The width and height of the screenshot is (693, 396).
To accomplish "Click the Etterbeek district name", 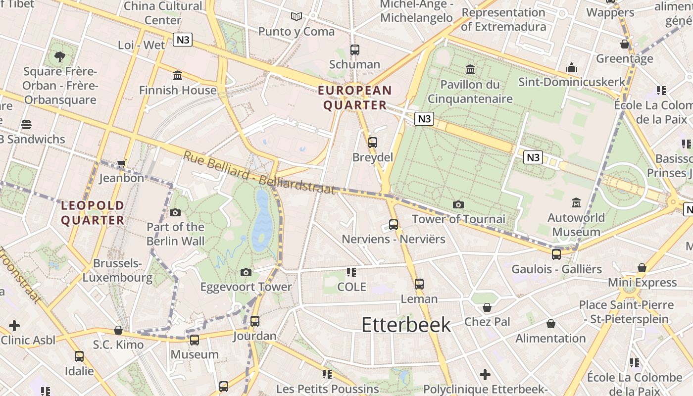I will [406, 325].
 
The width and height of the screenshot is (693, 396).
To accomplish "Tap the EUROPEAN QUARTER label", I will [355, 98].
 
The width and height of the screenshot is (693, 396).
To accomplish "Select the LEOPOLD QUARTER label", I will [93, 212].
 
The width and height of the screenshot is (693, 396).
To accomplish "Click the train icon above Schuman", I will [354, 49].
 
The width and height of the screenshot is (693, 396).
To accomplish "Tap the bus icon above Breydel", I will [372, 143].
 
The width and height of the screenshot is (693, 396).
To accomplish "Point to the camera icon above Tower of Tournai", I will [458, 204].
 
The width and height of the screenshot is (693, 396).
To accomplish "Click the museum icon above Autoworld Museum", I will [576, 202].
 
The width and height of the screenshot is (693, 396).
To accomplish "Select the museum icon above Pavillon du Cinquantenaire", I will [470, 69].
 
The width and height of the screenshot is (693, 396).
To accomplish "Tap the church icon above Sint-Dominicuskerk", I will [572, 67].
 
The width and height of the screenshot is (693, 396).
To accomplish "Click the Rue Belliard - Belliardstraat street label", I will [259, 173].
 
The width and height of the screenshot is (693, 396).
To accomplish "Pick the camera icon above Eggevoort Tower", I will [246, 272].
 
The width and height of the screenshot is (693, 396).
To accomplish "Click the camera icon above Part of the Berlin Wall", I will [175, 213].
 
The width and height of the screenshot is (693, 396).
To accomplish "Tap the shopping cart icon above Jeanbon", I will [121, 163].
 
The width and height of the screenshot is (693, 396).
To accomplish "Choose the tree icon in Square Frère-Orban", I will [60, 56].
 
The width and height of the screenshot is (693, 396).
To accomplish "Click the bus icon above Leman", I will [419, 284].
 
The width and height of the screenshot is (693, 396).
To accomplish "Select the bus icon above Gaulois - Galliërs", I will [556, 254].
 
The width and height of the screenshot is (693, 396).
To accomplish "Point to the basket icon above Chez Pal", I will [487, 307].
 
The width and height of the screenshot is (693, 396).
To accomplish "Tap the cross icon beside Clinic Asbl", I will [14, 326].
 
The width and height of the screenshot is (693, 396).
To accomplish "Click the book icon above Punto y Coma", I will [297, 17].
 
